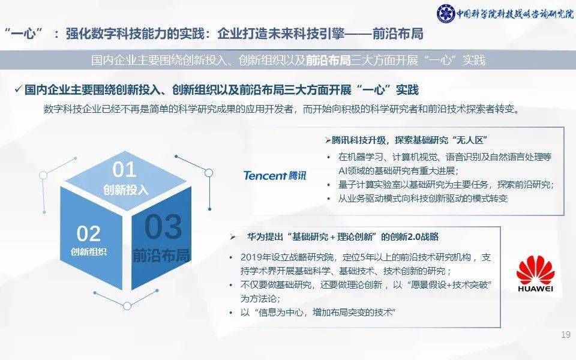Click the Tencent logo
point(274,175)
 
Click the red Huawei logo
point(535,274)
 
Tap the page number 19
point(565,335)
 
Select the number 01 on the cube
point(124,170)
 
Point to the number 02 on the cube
point(89,233)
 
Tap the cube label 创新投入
point(125,190)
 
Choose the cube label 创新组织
point(89,251)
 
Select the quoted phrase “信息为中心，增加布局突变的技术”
point(319,313)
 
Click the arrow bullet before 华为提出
point(232,237)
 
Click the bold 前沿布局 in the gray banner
point(328,61)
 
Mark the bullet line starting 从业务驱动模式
point(423,199)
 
